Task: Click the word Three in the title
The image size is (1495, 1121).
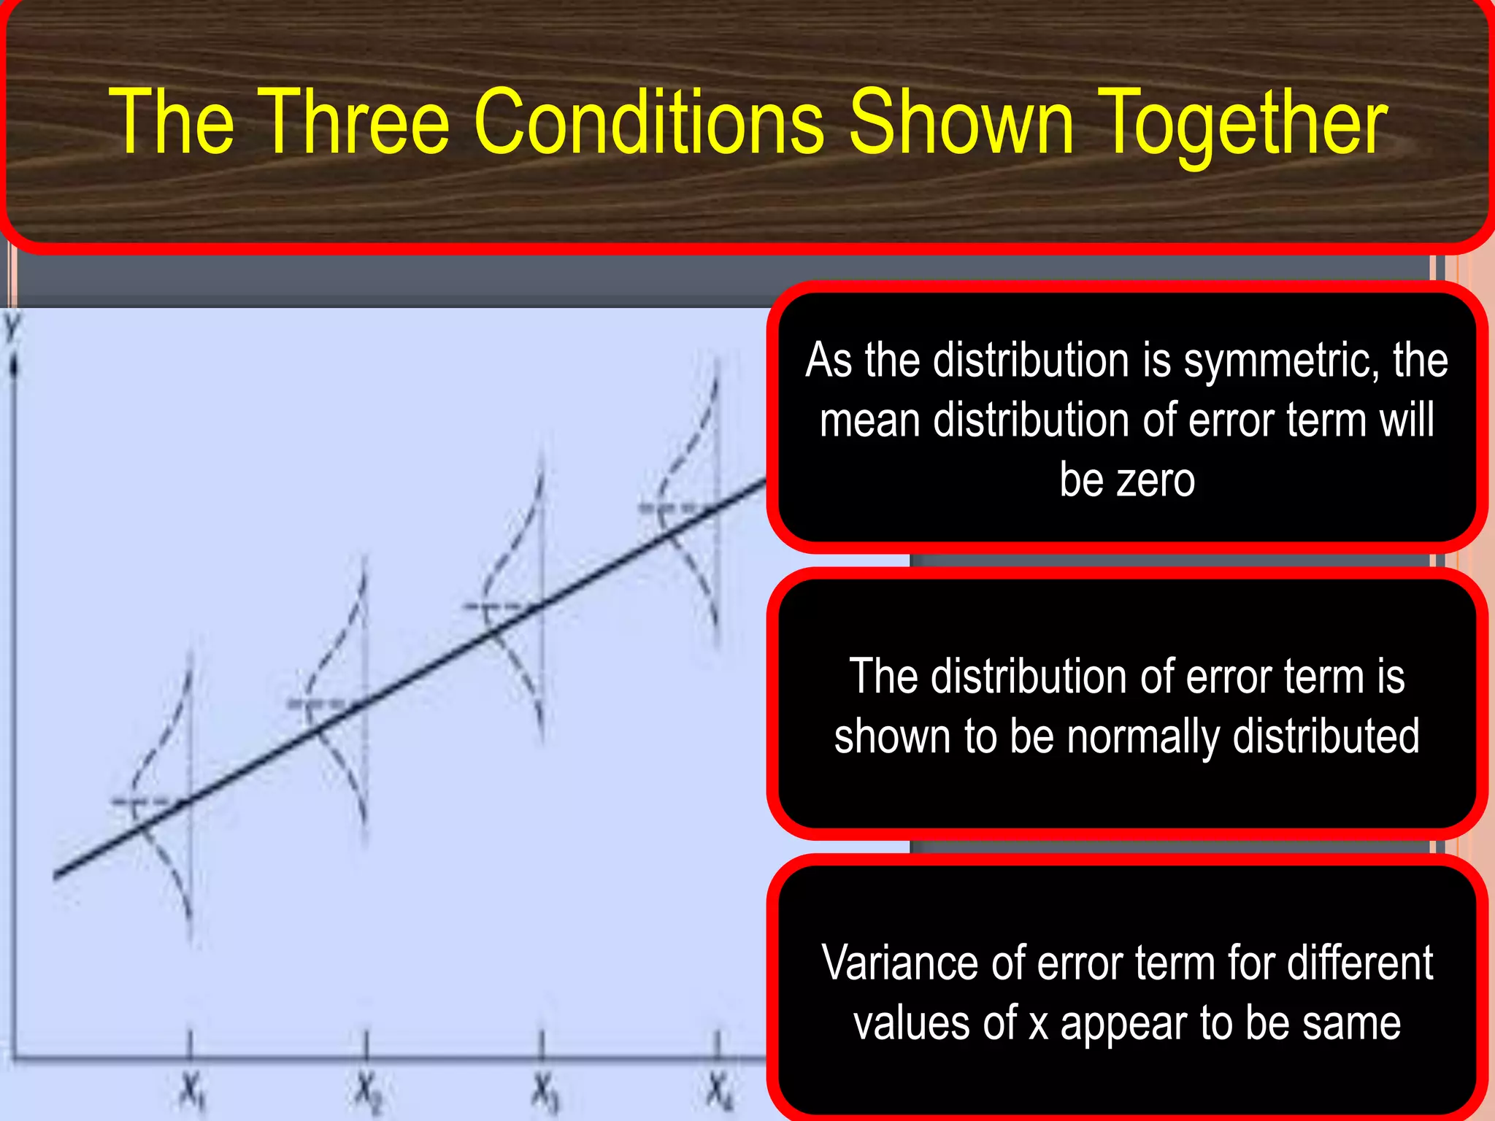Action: coord(353,121)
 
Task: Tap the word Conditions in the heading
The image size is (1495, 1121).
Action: coord(649,121)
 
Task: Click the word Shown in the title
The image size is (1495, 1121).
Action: coord(961,121)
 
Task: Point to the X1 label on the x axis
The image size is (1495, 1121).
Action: coord(192,1093)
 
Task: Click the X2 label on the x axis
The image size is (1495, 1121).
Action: coord(368,1093)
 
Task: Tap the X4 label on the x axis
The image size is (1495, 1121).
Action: coord(718,1093)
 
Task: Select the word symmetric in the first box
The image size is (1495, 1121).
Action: coord(1281,361)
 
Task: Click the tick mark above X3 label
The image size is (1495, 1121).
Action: coord(542,1042)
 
